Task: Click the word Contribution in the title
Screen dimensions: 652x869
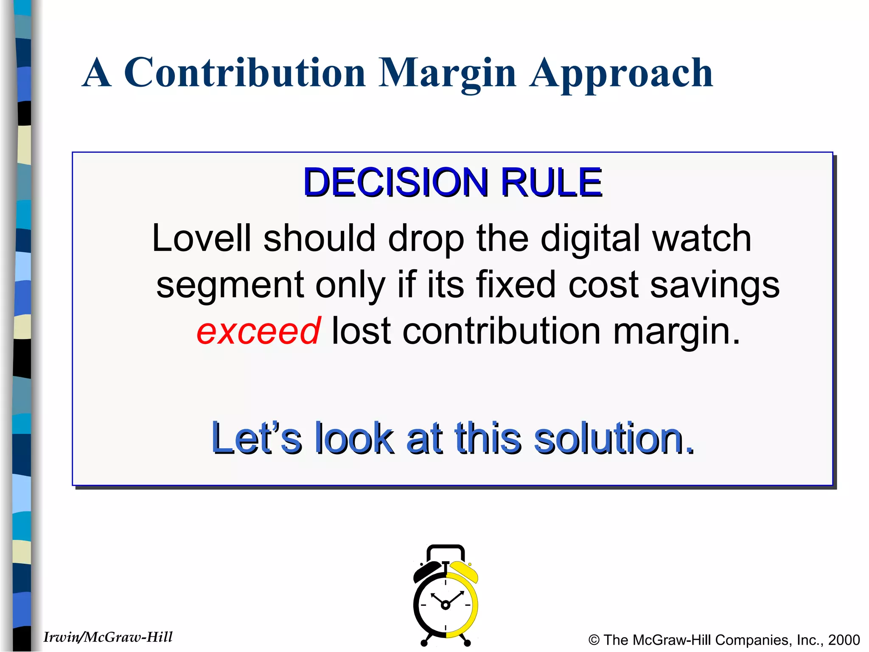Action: [244, 73]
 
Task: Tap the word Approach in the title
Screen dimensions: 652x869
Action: [621, 73]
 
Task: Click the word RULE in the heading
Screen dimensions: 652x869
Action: [551, 183]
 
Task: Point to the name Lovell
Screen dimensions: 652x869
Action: [202, 238]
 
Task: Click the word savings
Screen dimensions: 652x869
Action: [715, 284]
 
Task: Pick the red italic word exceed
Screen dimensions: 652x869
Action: [258, 331]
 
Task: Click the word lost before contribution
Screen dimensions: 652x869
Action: [361, 331]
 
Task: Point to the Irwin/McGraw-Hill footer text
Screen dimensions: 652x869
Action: [108, 637]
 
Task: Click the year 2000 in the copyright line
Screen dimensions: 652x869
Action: [844, 640]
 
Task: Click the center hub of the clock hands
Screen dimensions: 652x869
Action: [445, 605]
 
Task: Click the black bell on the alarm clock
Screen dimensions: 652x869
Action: [426, 571]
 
